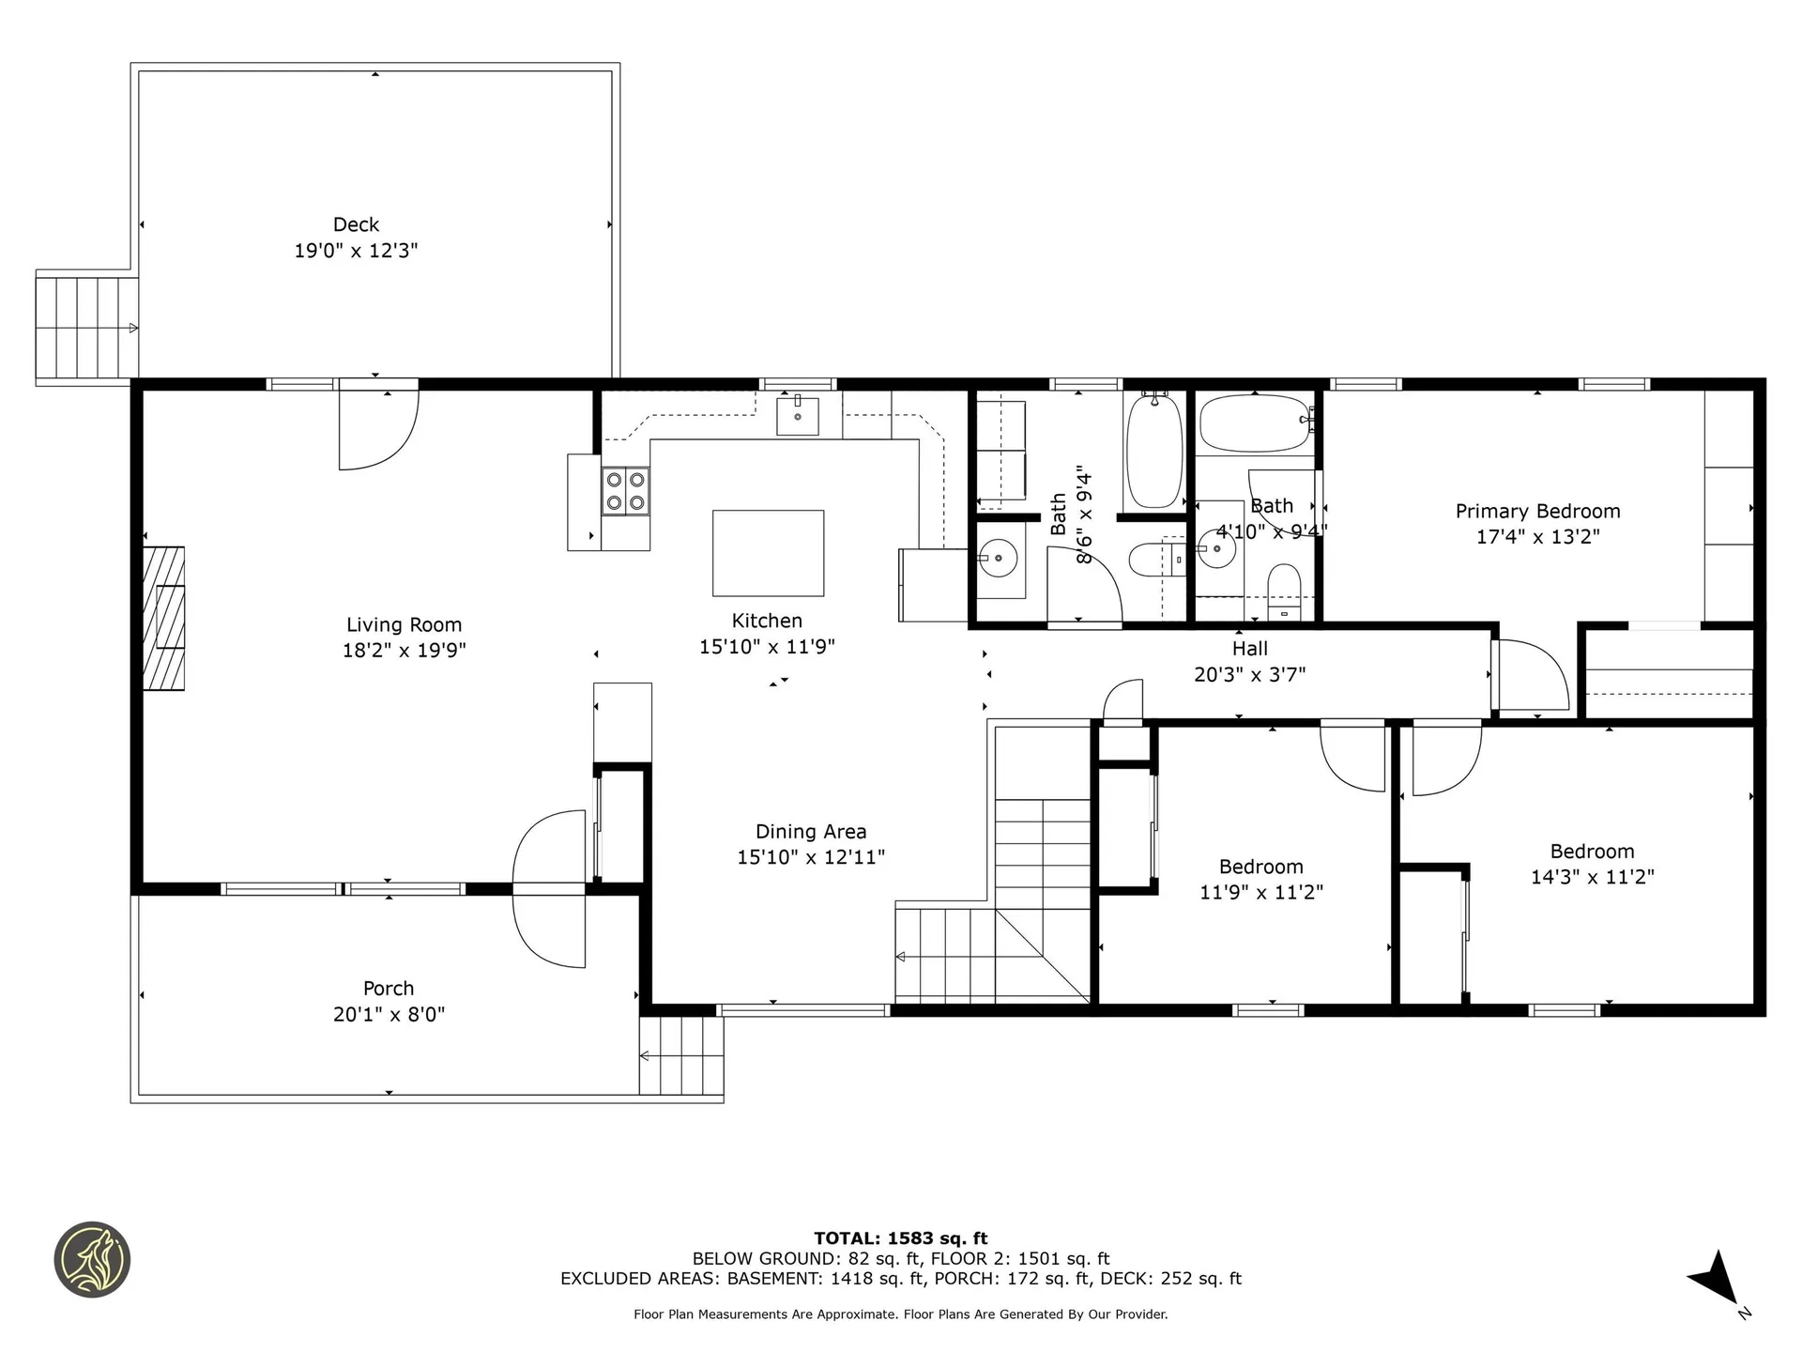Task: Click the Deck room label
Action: pyautogui.click(x=356, y=224)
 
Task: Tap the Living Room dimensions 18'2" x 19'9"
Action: pyautogui.click(x=404, y=650)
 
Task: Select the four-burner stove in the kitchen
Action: pyautogui.click(x=625, y=491)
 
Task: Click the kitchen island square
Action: pyautogui.click(x=768, y=553)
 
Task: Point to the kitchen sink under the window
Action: pyautogui.click(x=797, y=416)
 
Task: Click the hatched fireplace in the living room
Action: pyautogui.click(x=163, y=618)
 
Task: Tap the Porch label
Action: pyautogui.click(x=389, y=989)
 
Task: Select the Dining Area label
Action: pyautogui.click(x=811, y=831)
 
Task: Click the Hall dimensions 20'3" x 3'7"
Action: pyautogui.click(x=1249, y=674)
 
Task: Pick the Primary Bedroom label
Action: pyautogui.click(x=1537, y=511)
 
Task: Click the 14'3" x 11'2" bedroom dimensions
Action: pyautogui.click(x=1592, y=877)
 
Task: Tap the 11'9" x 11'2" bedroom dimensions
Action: pyautogui.click(x=1260, y=892)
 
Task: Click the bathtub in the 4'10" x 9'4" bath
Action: pyautogui.click(x=1254, y=423)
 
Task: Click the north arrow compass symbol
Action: pyautogui.click(x=1718, y=1279)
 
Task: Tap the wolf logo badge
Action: pyautogui.click(x=92, y=1260)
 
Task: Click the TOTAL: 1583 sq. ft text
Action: pyautogui.click(x=900, y=1238)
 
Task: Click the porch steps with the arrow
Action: pyautogui.click(x=681, y=1056)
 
